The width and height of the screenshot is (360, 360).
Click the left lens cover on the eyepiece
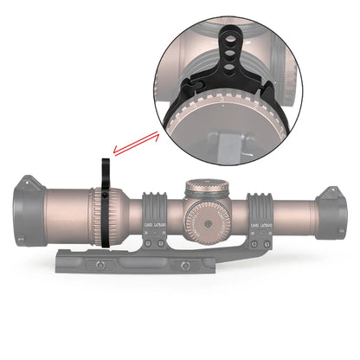(x=26, y=209)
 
